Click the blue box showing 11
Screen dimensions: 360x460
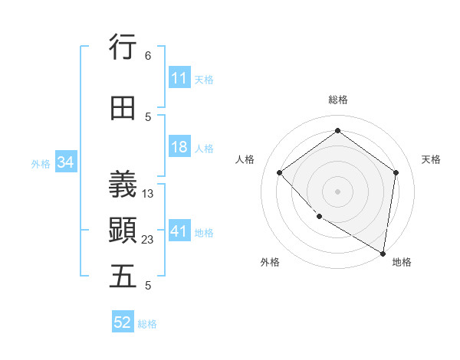(179, 78)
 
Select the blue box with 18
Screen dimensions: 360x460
(179, 147)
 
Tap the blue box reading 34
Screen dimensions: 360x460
(65, 162)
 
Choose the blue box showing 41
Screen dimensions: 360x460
(179, 231)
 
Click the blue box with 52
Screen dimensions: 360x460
(123, 322)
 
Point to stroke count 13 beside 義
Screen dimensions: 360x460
(148, 194)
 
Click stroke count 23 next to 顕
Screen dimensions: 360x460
(148, 240)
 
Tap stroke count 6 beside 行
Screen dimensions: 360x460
(148, 56)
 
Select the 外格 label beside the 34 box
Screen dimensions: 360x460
(41, 163)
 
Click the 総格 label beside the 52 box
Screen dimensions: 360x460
(147, 324)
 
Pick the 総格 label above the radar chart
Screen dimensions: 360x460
(337, 100)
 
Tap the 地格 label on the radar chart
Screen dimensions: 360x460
(402, 262)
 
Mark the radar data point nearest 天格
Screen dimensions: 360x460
(396, 172)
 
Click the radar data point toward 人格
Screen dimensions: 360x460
(280, 172)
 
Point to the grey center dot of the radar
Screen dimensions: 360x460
(337, 191)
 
